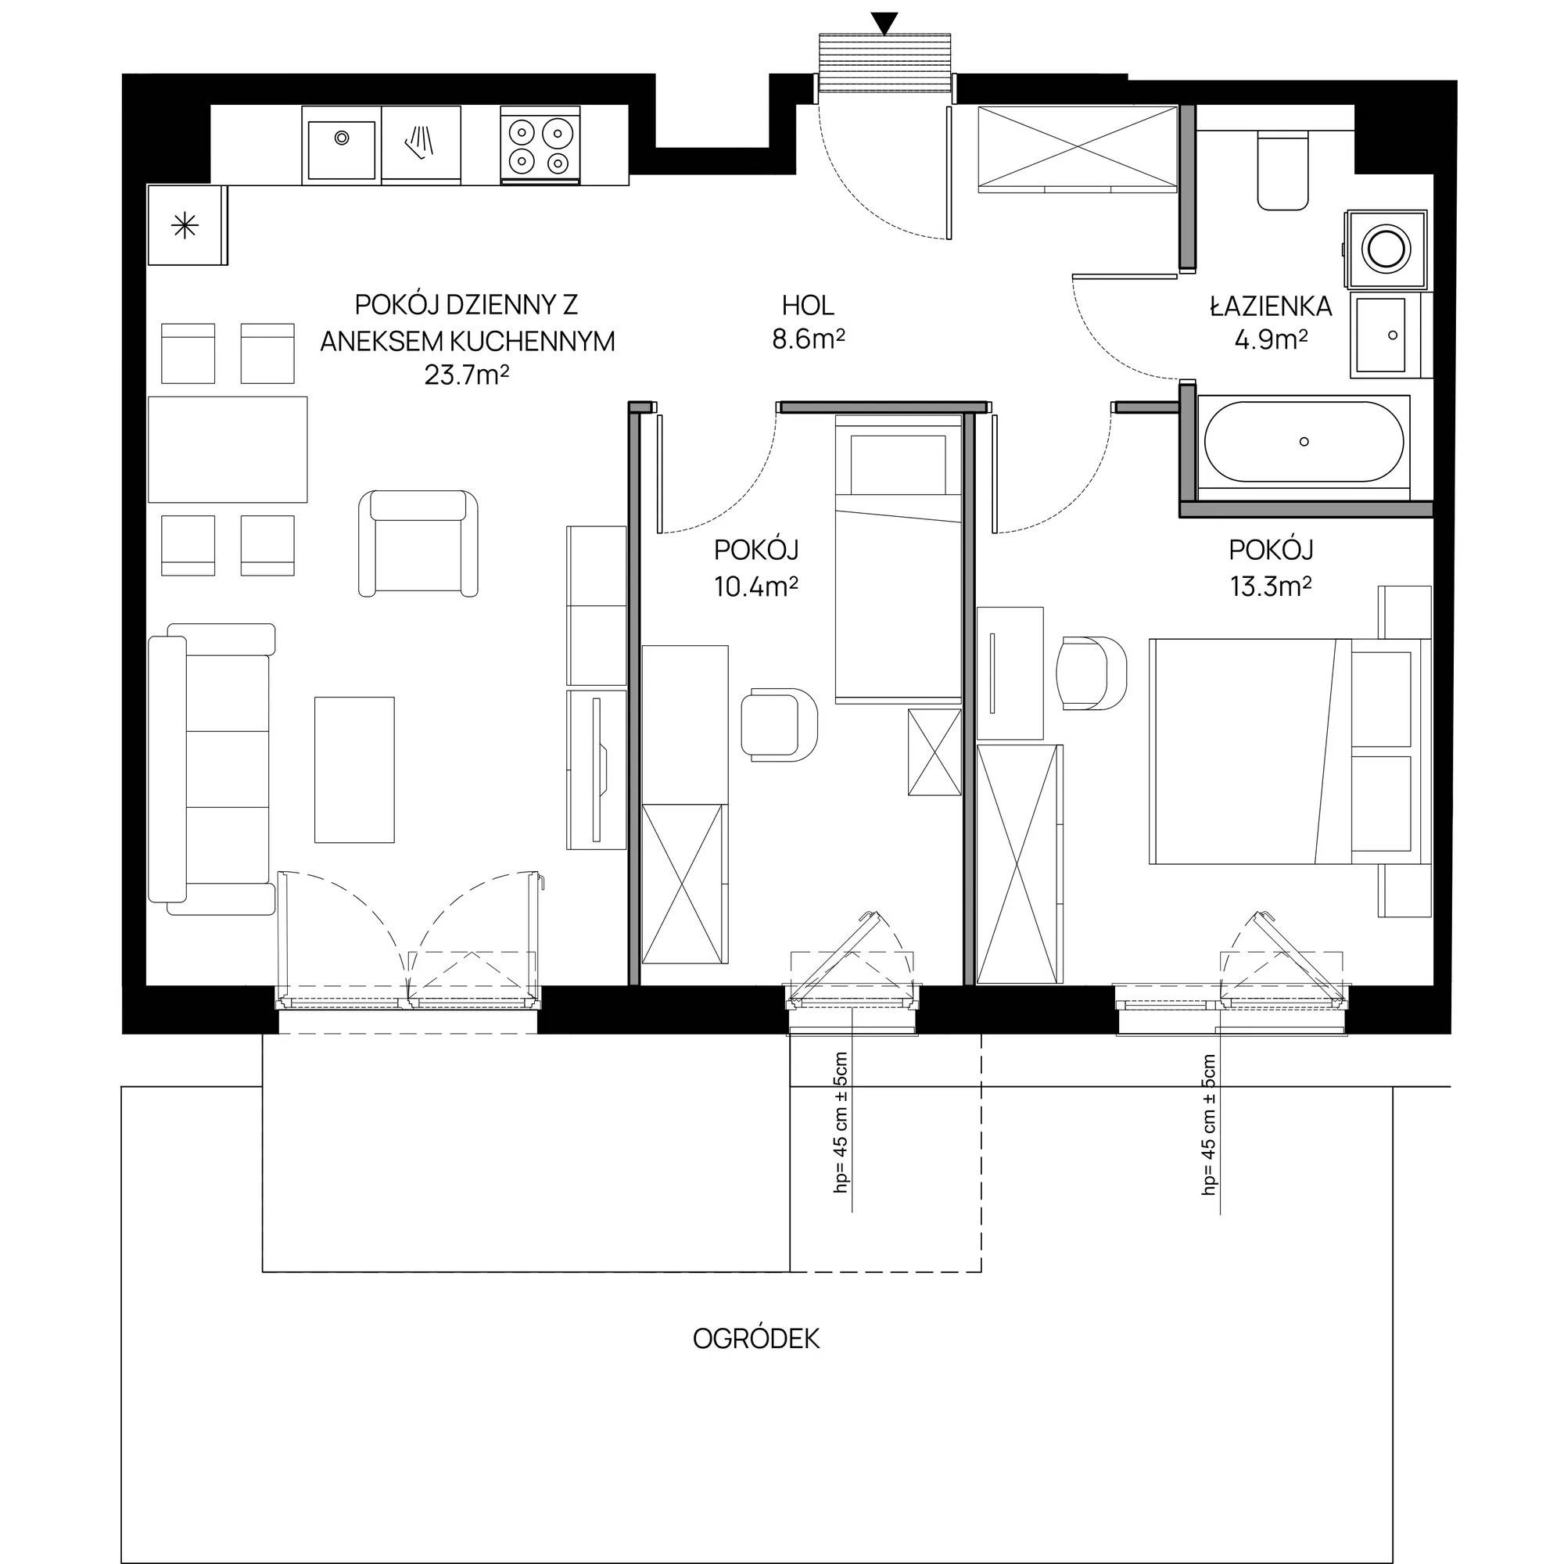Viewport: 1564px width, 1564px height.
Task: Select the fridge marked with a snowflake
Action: [186, 225]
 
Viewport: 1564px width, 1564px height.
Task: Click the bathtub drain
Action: [1304, 441]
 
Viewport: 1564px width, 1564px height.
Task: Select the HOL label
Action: [807, 305]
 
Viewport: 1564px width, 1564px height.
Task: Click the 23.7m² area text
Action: [467, 375]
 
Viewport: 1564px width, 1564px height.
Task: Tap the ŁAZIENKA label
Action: [1271, 305]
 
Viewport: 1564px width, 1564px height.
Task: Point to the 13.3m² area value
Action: [1271, 586]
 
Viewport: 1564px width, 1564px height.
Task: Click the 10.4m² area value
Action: [756, 586]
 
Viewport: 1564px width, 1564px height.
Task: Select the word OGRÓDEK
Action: [756, 1338]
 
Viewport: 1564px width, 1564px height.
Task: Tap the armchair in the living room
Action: [418, 543]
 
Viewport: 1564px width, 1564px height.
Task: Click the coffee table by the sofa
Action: [354, 769]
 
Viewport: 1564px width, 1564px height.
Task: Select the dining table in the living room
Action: [228, 450]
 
